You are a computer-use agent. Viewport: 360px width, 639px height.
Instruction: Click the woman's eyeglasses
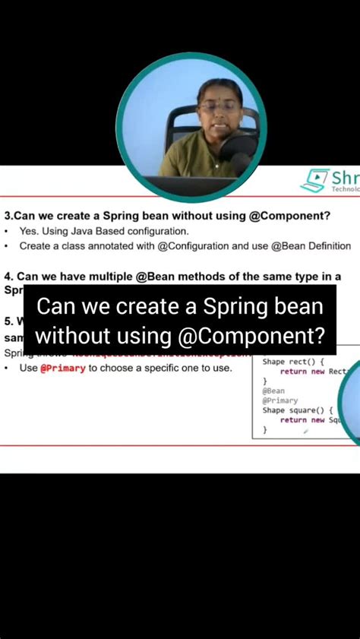217,107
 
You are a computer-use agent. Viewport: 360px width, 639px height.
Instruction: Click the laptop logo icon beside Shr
314,181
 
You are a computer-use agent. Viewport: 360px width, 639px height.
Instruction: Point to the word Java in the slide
94,231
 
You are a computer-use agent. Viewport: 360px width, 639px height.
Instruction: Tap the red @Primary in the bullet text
63,369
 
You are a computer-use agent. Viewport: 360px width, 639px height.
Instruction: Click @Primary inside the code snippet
280,400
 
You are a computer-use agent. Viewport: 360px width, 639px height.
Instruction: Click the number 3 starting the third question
6,216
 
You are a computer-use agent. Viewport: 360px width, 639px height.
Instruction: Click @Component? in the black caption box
260,334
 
